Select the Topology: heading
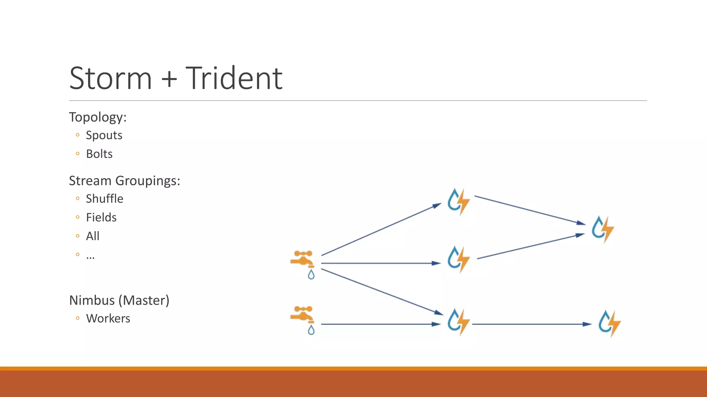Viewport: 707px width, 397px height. [98, 117]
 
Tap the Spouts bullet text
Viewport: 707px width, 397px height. [104, 135]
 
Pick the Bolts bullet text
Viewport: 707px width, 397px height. [99, 154]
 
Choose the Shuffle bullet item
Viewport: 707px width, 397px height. [104, 199]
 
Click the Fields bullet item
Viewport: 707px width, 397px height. [101, 217]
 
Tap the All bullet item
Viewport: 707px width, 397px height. [93, 236]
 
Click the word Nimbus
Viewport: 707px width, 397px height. [92, 300]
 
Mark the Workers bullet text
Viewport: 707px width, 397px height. [108, 318]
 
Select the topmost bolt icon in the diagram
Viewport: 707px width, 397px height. [458, 201]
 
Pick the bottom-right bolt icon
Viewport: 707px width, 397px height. [609, 323]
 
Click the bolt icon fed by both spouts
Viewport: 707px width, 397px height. [458, 322]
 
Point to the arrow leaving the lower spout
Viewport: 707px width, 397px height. [380, 324]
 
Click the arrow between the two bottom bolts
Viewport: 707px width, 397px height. [532, 324]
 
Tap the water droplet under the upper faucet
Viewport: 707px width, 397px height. [311, 275]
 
